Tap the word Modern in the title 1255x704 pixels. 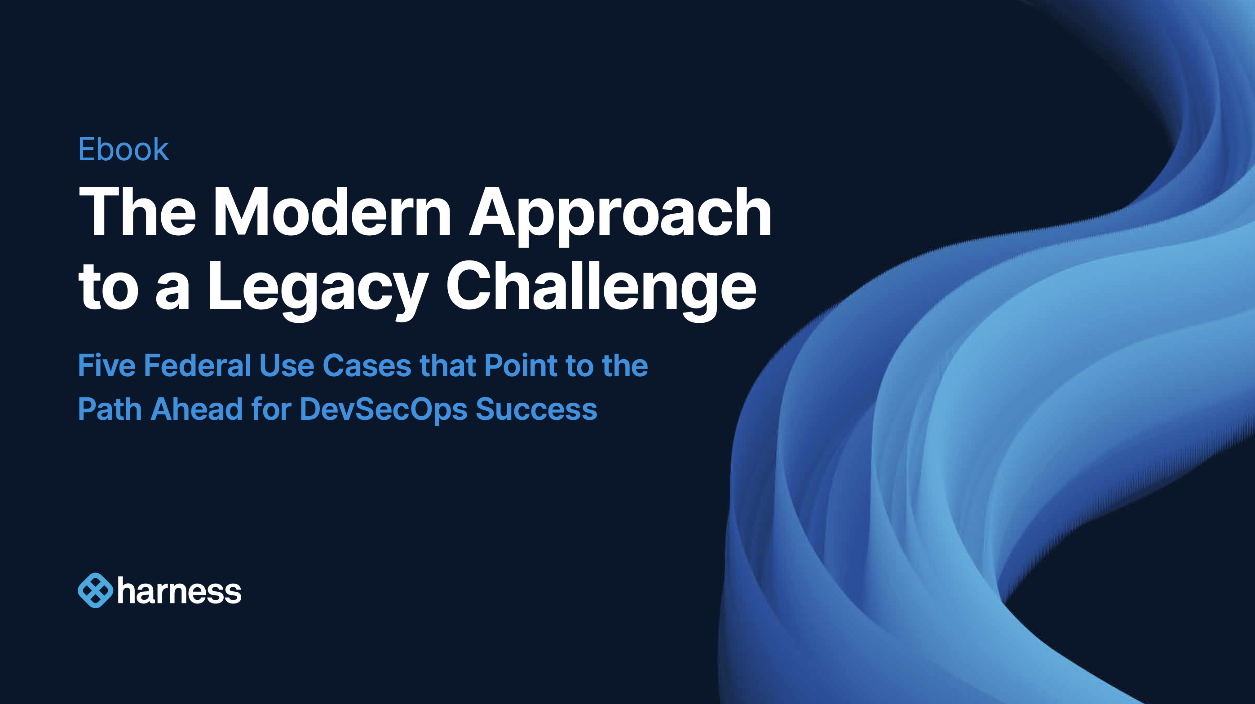coord(332,212)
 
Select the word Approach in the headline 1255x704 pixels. coord(620,214)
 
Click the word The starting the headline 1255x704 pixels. coord(137,212)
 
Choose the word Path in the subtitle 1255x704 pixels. coord(109,409)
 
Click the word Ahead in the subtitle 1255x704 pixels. coord(197,409)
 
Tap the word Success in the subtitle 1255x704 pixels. coord(536,409)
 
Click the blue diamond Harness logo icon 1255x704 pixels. coord(95,590)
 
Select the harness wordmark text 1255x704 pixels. coord(179,592)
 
